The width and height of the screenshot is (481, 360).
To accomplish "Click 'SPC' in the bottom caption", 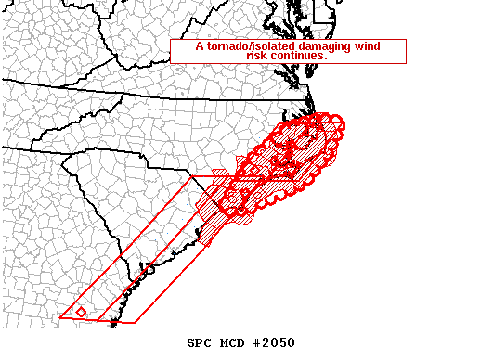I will point(200,342).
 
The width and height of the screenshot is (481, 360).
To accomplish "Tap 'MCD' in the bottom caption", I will point(232,342).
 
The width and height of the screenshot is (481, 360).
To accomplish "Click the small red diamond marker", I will point(82,312).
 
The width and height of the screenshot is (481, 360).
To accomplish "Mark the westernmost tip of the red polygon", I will point(60,317).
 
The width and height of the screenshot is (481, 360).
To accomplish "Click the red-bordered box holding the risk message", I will point(288,51).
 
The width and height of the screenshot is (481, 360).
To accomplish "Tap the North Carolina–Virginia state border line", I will point(186,94).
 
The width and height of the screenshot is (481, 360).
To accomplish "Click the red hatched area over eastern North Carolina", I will point(279,172).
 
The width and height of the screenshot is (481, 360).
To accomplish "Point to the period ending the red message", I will point(326,58).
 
